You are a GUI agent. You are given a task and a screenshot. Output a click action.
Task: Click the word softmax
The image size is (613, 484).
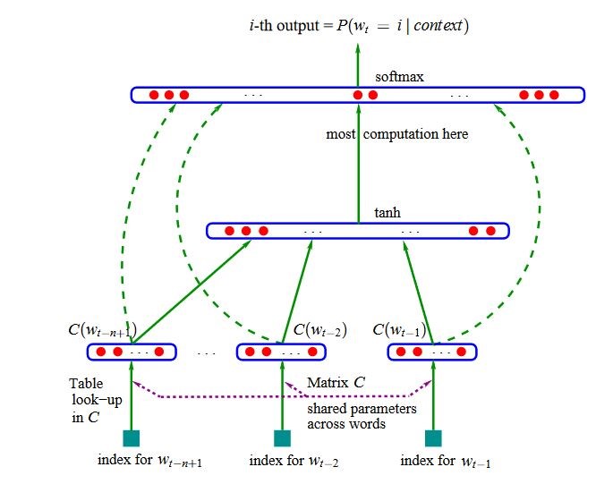(399, 77)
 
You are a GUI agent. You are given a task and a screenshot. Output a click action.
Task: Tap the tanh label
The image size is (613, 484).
(387, 213)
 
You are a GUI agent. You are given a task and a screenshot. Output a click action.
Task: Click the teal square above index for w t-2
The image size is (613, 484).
(282, 438)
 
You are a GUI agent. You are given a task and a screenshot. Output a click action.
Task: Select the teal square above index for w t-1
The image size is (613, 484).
(433, 438)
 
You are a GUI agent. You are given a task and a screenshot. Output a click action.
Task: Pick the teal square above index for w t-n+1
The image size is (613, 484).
(132, 438)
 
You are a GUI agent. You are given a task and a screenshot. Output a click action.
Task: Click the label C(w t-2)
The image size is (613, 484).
(319, 330)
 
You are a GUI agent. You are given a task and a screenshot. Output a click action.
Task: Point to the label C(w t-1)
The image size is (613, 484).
(399, 330)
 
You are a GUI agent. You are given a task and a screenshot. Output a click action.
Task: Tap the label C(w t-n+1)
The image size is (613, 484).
(102, 330)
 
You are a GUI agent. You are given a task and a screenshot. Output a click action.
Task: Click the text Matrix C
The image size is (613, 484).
(336, 382)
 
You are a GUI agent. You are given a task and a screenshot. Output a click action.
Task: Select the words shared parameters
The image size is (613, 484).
(362, 409)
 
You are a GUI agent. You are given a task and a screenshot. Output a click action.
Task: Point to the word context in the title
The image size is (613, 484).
(438, 26)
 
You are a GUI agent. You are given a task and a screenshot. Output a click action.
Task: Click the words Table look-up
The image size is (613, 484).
(96, 392)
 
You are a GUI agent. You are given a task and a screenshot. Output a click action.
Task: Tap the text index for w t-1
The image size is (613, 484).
(446, 462)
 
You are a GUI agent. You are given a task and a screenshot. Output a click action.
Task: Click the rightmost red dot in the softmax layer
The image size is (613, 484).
(554, 95)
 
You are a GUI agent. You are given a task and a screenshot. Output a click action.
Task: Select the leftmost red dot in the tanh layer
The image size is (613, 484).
(229, 231)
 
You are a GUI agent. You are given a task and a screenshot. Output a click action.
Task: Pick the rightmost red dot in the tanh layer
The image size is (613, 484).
(490, 231)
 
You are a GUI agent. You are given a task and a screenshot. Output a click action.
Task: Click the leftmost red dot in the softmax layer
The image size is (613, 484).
(154, 95)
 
